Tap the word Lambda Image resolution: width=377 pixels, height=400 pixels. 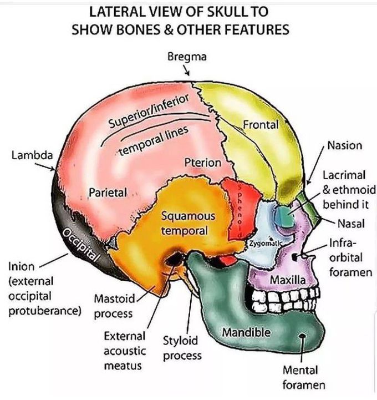(32, 155)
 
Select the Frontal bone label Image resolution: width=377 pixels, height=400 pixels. (260, 125)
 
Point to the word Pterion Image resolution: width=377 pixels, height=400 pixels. (202, 164)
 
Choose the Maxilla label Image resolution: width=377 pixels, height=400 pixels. (288, 280)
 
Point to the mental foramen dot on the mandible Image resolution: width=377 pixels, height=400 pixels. (303, 336)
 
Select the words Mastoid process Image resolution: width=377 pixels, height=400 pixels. (113, 307)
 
